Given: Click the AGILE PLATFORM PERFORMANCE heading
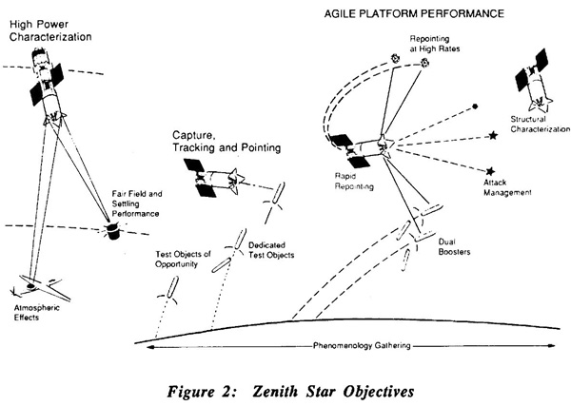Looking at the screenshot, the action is pyautogui.click(x=414, y=13).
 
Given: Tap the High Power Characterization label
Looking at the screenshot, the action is pyautogui.click(x=50, y=30).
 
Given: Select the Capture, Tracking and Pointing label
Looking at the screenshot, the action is pyautogui.click(x=226, y=142).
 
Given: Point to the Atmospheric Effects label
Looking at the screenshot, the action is pyautogui.click(x=36, y=313).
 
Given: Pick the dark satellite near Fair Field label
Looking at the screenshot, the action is pyautogui.click(x=112, y=232).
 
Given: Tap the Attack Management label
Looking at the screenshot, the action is pyautogui.click(x=507, y=187).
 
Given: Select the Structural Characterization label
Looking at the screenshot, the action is pyautogui.click(x=540, y=124).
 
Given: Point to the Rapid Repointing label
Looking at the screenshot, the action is pyautogui.click(x=354, y=182).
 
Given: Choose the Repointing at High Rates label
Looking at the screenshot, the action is pyautogui.click(x=435, y=44).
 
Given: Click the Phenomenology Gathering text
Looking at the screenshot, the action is pyautogui.click(x=362, y=345).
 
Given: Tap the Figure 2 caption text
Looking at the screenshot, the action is pyautogui.click(x=290, y=392).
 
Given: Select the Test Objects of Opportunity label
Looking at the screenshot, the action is pyautogui.click(x=183, y=259).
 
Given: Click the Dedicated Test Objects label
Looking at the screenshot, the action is pyautogui.click(x=271, y=250).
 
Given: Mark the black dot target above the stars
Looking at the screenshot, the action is pyautogui.click(x=475, y=106).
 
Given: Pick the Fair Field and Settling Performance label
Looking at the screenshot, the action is pyautogui.click(x=137, y=203).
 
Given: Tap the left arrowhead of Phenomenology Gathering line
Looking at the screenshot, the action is pyautogui.click(x=149, y=347).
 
